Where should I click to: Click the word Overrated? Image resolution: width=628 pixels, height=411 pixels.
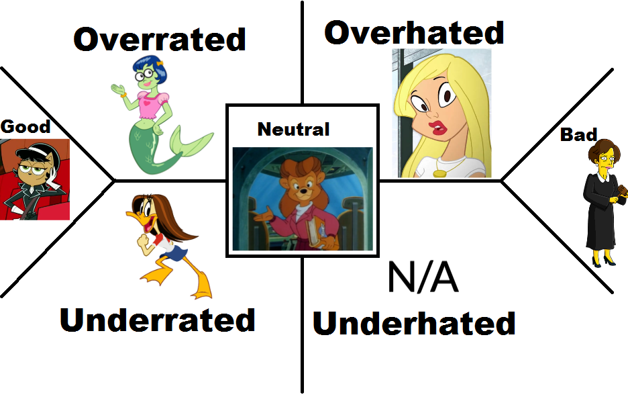pos(160,40)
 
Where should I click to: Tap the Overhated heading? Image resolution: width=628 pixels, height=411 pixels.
pos(414,32)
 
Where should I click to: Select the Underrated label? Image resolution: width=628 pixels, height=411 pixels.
pos(158,320)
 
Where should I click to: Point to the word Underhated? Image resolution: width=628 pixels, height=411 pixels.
pos(414,324)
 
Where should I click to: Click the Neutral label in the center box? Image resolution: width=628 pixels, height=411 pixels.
pos(293,129)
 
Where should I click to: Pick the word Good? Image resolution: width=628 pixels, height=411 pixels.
pos(25,126)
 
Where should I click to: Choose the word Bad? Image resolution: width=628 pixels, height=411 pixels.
pos(578,135)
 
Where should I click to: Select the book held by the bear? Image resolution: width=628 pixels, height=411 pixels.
pos(315,232)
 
